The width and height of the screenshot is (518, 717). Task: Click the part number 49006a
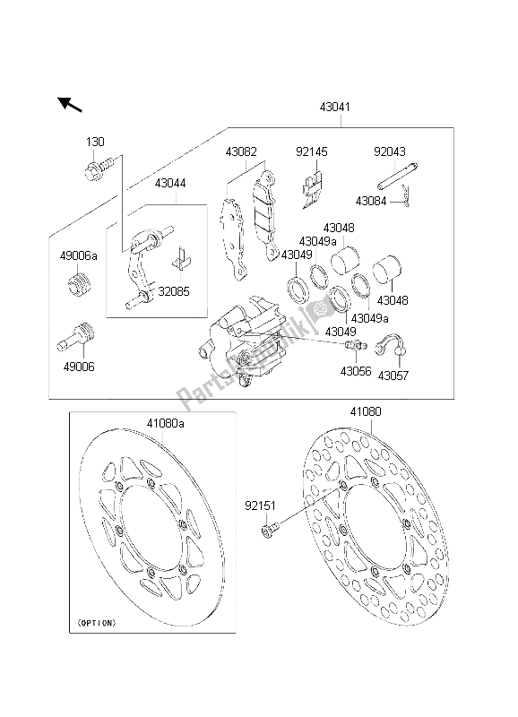[x=79, y=257]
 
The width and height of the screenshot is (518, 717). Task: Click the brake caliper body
[x=246, y=345]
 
